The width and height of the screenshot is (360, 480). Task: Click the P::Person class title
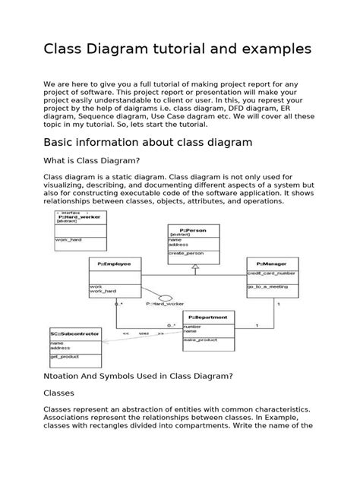[194, 229]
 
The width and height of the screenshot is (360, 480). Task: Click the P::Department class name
[208, 317]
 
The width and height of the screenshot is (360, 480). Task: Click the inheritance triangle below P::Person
[195, 267]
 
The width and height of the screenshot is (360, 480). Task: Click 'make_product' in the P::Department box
[201, 340]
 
